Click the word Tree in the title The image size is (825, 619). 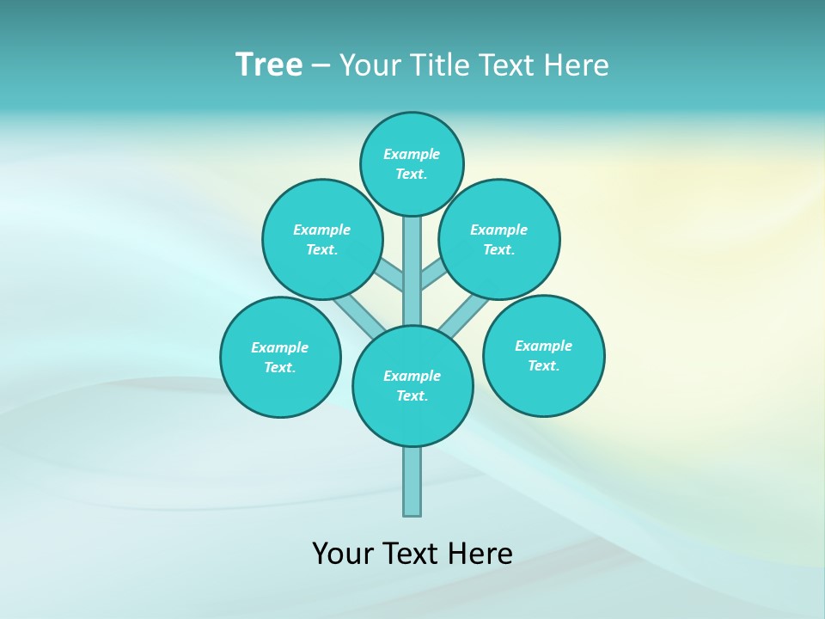tap(269, 64)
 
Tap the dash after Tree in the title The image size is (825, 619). tap(321, 65)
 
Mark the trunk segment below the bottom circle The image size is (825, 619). tap(412, 481)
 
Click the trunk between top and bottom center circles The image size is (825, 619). tap(412, 271)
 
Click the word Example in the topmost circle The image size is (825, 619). tap(412, 154)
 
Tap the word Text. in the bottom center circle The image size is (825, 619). tap(412, 395)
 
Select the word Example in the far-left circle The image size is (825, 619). tap(280, 347)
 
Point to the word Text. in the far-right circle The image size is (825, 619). tap(544, 365)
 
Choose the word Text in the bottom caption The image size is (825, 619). tap(410, 553)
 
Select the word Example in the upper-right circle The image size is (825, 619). tap(499, 230)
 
